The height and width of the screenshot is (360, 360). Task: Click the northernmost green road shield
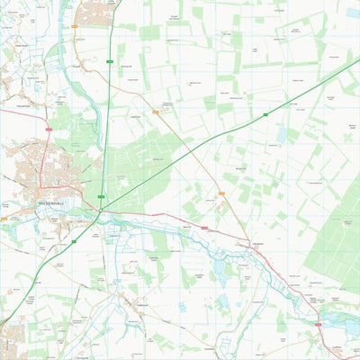[x=109, y=61]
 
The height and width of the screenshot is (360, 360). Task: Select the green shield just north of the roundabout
[x=101, y=196]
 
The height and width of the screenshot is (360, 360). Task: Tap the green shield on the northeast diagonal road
[x=266, y=114]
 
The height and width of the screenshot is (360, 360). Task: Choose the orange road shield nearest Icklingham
[x=221, y=193]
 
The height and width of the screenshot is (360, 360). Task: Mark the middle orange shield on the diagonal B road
[x=156, y=112]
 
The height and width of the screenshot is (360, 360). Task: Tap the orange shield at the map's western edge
[x=4, y=218]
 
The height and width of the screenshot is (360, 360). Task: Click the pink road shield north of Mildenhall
[x=49, y=130]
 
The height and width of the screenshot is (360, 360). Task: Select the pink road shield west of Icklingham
[x=204, y=229]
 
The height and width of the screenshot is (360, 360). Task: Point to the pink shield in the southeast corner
[x=318, y=323]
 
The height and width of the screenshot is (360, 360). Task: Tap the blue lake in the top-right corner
[x=352, y=13]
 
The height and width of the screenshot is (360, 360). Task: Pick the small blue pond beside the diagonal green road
[x=283, y=135]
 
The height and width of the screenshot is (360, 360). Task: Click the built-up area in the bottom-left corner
[x=11, y=343]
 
